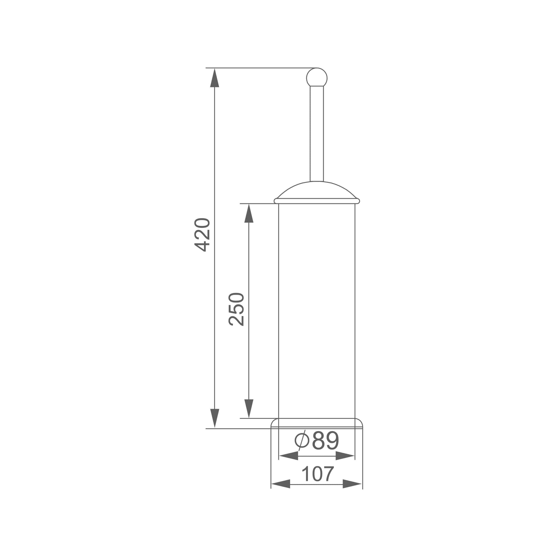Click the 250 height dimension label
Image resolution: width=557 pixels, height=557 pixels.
tap(237, 309)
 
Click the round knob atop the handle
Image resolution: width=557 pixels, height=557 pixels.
tap(317, 77)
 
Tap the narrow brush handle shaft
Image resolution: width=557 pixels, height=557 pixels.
tap(317, 134)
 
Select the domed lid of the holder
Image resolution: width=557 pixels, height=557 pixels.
tap(317, 190)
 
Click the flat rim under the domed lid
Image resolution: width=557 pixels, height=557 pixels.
tap(317, 201)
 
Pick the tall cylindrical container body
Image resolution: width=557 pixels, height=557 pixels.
tap(317, 311)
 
